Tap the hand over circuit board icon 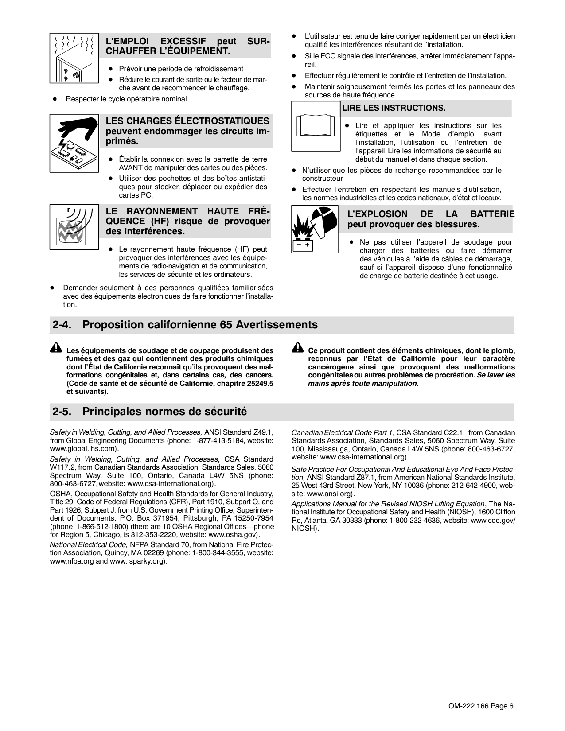tap(74, 143)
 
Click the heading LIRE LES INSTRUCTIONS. tap(394, 108)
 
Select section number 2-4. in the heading tap(63, 325)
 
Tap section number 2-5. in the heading tap(63, 412)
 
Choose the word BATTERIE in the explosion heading tap(492, 214)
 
